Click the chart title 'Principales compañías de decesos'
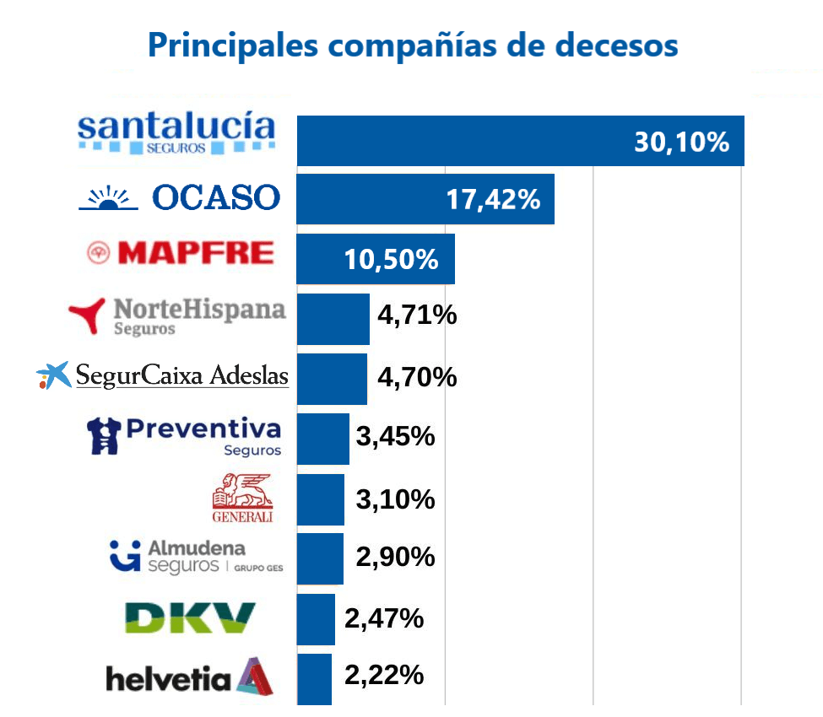(412, 45)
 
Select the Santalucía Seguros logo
(176, 135)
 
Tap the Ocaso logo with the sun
(179, 197)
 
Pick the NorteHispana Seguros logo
(177, 315)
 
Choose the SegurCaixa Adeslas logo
(163, 375)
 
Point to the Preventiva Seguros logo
(184, 435)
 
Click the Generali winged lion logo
(243, 499)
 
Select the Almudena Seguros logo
(196, 557)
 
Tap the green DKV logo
(190, 617)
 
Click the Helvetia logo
(190, 677)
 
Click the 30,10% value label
(681, 142)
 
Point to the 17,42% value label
(492, 200)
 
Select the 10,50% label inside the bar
(391, 259)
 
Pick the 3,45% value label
(395, 436)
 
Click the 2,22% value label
(384, 675)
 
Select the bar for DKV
(316, 619)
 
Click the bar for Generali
(321, 499)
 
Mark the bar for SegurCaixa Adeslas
(332, 379)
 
